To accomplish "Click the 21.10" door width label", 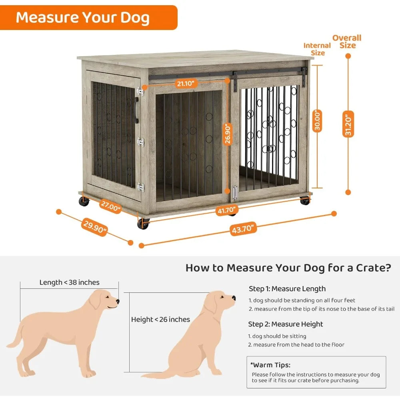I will click(186, 83).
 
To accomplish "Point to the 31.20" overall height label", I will click(348, 124).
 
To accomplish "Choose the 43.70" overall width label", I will click(242, 229).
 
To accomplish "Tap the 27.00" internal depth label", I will click(110, 209).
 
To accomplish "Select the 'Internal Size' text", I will click(317, 49).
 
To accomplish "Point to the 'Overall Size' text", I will click(347, 41).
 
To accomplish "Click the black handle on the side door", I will click(137, 111).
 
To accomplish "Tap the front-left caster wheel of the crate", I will click(143, 224).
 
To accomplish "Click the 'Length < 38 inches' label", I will click(69, 282).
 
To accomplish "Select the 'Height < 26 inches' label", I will click(160, 319).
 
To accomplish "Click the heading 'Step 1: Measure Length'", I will click(287, 289).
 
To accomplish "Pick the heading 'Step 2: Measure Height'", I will click(286, 324).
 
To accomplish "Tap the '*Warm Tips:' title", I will click(270, 365).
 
